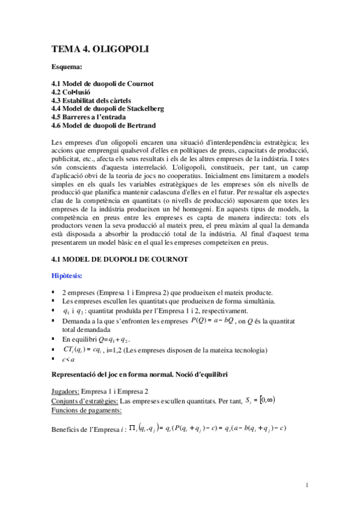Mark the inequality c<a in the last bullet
(x=68, y=360)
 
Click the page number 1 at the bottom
(x=307, y=485)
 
